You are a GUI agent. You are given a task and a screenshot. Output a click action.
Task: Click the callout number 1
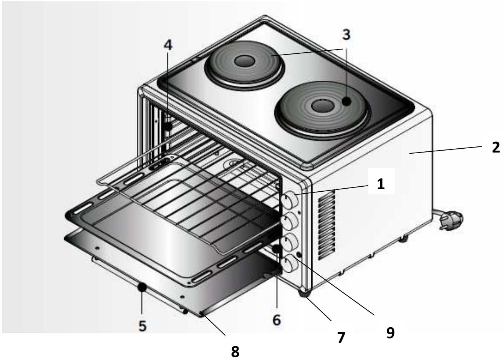pyautogui.click(x=380, y=184)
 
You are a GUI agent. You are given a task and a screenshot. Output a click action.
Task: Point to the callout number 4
pyautogui.click(x=168, y=45)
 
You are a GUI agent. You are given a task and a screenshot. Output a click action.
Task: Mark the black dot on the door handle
pyautogui.click(x=142, y=287)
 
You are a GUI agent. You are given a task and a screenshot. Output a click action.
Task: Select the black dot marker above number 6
pyautogui.click(x=276, y=249)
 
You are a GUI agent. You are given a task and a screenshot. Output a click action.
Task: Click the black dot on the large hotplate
pyautogui.click(x=346, y=101)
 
